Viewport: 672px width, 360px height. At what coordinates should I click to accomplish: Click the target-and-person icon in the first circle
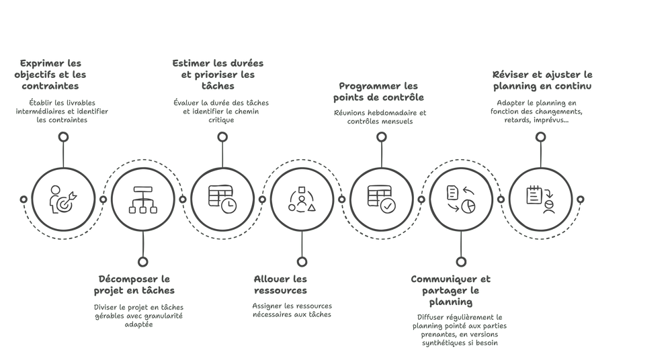(63, 199)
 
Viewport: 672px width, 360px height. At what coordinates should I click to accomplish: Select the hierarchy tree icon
(142, 199)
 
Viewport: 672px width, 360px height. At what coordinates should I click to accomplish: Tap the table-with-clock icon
(222, 199)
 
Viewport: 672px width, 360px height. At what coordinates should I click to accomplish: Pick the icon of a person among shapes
(302, 199)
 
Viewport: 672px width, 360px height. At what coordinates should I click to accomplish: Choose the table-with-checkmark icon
(381, 199)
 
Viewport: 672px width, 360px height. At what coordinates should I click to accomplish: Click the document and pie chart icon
(460, 199)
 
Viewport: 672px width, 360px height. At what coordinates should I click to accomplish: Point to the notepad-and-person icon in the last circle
(540, 199)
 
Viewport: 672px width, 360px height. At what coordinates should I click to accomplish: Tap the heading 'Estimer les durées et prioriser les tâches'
(218, 74)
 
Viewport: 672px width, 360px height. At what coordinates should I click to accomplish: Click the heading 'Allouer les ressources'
(281, 284)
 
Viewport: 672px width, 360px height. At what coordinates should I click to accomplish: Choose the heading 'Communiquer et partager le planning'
(452, 290)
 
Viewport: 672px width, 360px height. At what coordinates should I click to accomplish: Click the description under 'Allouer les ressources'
(291, 309)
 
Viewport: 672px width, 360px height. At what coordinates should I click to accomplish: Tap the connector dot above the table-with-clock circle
(222, 136)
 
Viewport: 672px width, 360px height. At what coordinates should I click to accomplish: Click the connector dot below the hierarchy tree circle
(142, 261)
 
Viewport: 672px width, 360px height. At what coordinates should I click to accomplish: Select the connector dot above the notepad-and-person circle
(540, 136)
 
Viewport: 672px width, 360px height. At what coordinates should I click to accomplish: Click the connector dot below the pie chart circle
(460, 261)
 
